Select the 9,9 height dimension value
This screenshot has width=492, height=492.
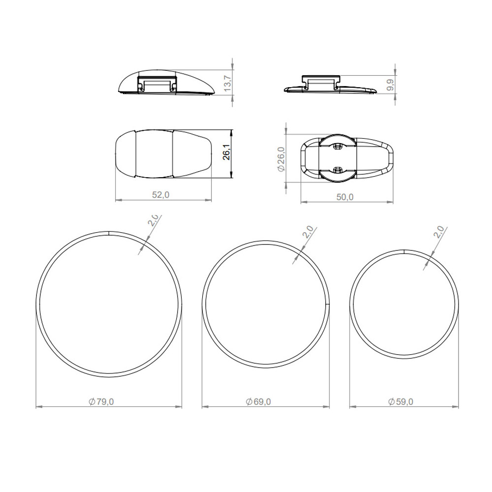(390, 85)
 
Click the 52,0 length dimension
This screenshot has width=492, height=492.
(160, 195)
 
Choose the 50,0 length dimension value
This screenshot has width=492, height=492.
(345, 197)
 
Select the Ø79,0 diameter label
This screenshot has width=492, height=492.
(102, 401)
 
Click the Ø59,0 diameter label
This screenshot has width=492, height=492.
(400, 401)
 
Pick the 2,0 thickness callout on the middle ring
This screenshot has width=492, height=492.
(307, 232)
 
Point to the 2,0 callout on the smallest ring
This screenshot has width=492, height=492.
(439, 231)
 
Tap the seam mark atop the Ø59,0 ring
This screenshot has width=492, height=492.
(403, 251)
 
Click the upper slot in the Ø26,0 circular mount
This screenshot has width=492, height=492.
(338, 146)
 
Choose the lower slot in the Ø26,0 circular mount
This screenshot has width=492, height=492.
(338, 170)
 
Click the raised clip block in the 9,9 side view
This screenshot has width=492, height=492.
(320, 79)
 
